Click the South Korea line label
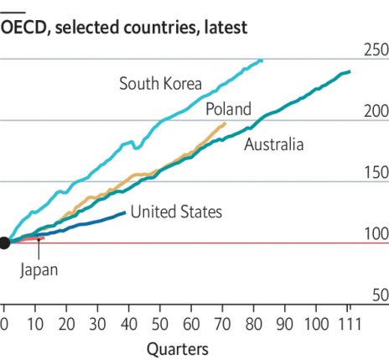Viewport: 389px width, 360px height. [162, 83]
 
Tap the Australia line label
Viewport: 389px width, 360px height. [273, 145]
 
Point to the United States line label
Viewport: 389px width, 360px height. [176, 211]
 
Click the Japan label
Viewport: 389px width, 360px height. [38, 269]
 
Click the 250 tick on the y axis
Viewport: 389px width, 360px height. [374, 50]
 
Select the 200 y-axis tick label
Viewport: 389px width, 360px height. [374, 111]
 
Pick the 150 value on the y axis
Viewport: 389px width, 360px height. [374, 173]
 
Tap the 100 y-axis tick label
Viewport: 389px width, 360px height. [374, 234]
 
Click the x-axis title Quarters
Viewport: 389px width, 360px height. [178, 347]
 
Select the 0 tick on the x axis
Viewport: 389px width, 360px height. [4, 323]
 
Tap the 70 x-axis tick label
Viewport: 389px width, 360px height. [223, 323]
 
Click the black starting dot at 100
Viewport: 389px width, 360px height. [4, 243]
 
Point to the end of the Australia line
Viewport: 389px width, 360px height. [350, 72]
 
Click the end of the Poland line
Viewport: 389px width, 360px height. [226, 123]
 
